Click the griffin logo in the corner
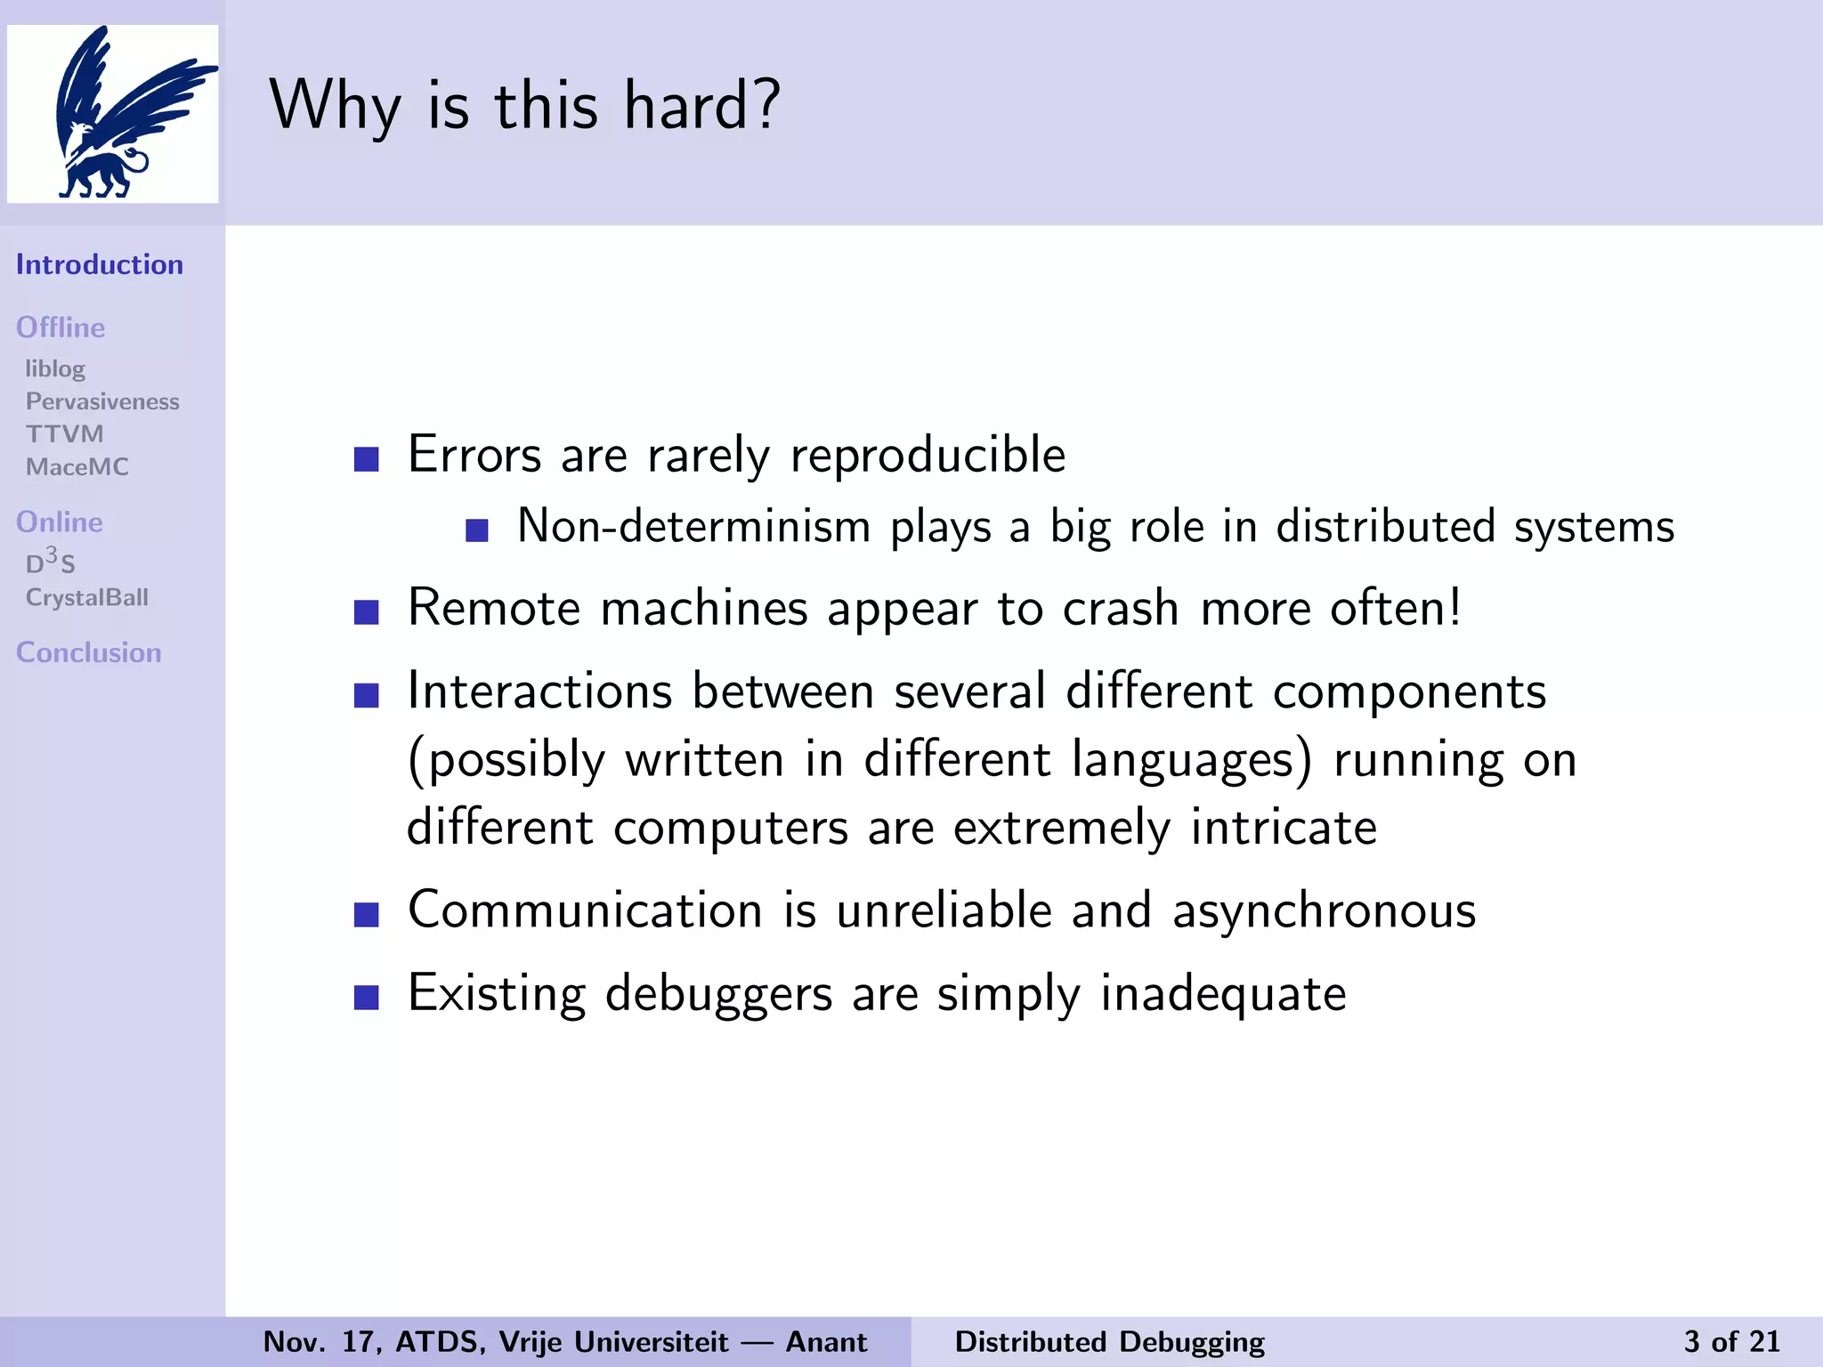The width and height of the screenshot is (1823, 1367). [x=113, y=113]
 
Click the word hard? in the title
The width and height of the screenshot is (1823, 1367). [x=701, y=106]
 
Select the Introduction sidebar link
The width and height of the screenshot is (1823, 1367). [x=100, y=264]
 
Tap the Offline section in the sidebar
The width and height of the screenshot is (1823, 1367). [x=61, y=328]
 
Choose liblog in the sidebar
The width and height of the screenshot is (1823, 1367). [x=55, y=368]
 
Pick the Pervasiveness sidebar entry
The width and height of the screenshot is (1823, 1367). [x=102, y=401]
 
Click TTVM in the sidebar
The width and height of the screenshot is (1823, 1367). [x=65, y=434]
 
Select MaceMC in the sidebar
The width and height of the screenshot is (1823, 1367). [x=77, y=467]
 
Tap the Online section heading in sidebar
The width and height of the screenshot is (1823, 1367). [x=60, y=522]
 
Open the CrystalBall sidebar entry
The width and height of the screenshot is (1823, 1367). [x=87, y=597]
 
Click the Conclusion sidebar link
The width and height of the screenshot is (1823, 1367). [x=89, y=652]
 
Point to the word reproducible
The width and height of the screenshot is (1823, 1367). [x=928, y=456]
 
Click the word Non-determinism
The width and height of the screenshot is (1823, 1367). [x=693, y=526]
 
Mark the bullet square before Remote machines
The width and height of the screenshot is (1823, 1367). [x=367, y=612]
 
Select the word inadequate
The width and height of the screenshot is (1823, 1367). [x=1223, y=993]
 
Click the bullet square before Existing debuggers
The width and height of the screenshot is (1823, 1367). [x=367, y=997]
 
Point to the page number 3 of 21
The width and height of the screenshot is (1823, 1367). [x=1731, y=1341]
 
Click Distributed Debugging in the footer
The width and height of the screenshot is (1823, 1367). [x=1109, y=1341]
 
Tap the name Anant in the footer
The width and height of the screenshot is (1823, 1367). [x=826, y=1341]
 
